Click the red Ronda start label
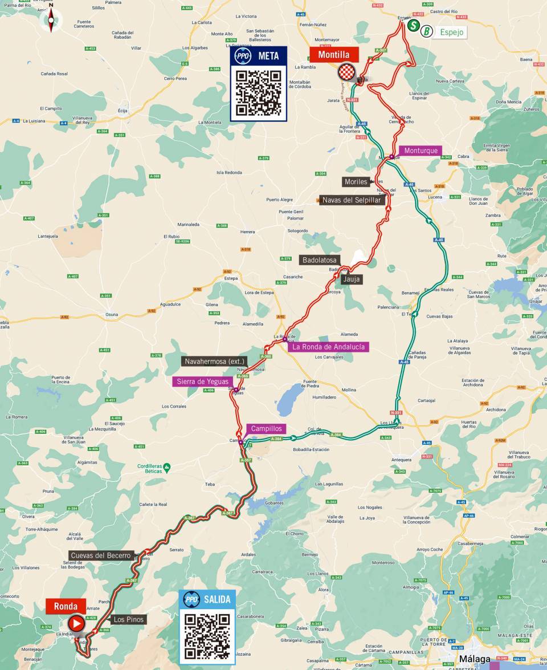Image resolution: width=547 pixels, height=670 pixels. (x=66, y=606)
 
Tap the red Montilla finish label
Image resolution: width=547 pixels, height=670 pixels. (x=334, y=55)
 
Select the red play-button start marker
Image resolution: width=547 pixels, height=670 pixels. (x=76, y=624)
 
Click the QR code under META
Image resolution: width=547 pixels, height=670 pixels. (x=259, y=93)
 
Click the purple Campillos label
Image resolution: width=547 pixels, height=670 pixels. (x=266, y=429)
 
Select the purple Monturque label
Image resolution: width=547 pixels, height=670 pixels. (x=421, y=151)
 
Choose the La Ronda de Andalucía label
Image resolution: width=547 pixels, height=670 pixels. (x=329, y=347)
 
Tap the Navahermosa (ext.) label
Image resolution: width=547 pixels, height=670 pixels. (x=214, y=361)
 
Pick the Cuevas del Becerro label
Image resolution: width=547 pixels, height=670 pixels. (x=101, y=555)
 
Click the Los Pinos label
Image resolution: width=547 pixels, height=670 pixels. (x=128, y=619)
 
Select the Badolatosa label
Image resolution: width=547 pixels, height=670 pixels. (x=320, y=260)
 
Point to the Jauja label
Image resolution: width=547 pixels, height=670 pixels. (x=352, y=279)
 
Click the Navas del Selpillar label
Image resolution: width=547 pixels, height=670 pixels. (x=352, y=200)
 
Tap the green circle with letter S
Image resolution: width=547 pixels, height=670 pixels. (x=414, y=26)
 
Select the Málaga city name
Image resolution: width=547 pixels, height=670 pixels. (x=475, y=659)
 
